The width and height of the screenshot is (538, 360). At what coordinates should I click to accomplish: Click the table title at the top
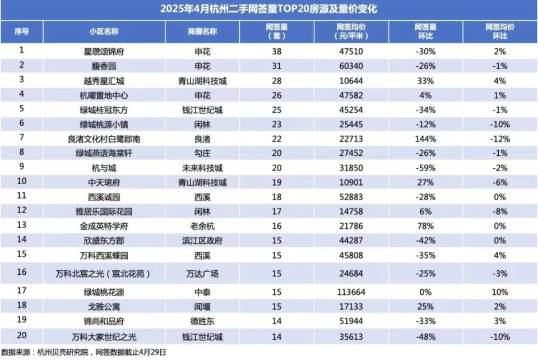click(x=269, y=10)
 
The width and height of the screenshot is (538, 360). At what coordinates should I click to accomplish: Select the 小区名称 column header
click(x=103, y=31)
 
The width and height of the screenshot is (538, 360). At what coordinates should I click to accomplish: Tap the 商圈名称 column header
click(x=202, y=31)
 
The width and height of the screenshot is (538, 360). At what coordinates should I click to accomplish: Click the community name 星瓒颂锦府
click(x=103, y=51)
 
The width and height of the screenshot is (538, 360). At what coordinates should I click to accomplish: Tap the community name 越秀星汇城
click(x=103, y=80)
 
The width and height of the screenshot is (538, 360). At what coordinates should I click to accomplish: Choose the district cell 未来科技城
click(x=202, y=168)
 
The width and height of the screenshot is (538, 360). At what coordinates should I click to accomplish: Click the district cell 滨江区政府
click(x=202, y=241)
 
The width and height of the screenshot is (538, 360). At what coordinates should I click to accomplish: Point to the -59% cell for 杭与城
click(x=426, y=168)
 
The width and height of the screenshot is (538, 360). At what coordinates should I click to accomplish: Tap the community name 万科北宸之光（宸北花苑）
click(x=103, y=274)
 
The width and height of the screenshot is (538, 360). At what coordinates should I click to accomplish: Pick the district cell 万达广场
click(x=202, y=274)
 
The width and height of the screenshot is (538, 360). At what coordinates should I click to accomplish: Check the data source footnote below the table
click(x=84, y=353)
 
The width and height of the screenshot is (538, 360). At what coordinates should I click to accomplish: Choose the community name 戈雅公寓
click(x=103, y=307)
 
